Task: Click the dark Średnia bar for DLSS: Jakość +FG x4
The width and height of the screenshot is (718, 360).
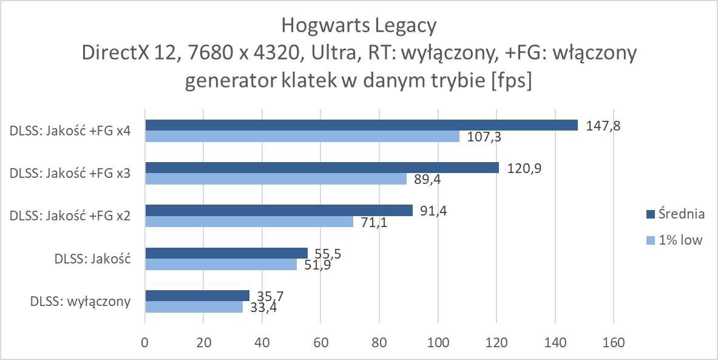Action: [361, 125]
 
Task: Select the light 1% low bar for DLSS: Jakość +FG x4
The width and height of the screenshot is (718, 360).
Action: [302, 137]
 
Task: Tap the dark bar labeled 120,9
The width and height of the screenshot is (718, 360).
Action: [321, 168]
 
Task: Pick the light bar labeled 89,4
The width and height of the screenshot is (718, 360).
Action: [276, 179]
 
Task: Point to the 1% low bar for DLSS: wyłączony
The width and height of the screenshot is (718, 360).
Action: [194, 307]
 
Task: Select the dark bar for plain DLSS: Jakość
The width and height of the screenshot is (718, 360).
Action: [226, 253]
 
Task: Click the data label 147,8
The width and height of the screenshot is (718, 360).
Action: [603, 126]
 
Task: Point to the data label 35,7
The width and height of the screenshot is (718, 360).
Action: [270, 296]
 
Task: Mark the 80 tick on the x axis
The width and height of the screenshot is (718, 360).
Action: [379, 343]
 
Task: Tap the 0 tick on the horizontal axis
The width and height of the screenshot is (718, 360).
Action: [144, 343]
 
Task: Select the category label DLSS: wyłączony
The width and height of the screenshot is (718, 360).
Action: [80, 301]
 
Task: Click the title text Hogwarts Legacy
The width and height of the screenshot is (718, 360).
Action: [359, 26]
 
